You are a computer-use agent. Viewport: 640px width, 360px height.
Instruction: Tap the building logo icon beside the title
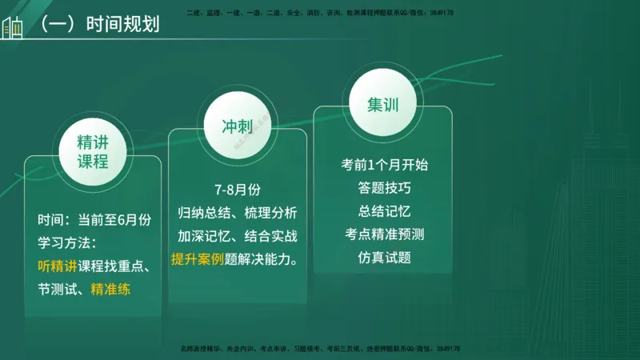coord(13,26)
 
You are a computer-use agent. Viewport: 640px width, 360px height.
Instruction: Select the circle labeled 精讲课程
coord(93,152)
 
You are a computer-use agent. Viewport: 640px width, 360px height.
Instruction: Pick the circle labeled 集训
coord(384,105)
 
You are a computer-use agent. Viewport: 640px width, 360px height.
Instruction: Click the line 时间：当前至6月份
coord(94,218)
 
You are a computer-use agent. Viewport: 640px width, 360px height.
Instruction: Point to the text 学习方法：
coord(67,242)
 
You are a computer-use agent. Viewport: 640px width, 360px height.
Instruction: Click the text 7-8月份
coord(238,190)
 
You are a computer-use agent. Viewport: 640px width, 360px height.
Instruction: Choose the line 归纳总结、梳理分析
coord(238,213)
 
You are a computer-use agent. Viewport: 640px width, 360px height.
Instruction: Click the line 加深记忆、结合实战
coord(238,236)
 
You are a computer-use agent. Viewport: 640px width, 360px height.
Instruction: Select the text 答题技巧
coord(384,188)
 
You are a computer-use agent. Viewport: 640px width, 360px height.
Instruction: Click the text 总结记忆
coord(384,211)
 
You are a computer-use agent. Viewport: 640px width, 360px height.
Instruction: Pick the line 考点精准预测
coord(384,234)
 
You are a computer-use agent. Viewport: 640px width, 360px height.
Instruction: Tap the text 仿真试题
coord(384,258)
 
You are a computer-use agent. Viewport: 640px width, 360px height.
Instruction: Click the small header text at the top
coord(320,14)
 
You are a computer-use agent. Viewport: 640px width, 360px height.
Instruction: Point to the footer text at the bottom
coord(320,349)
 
